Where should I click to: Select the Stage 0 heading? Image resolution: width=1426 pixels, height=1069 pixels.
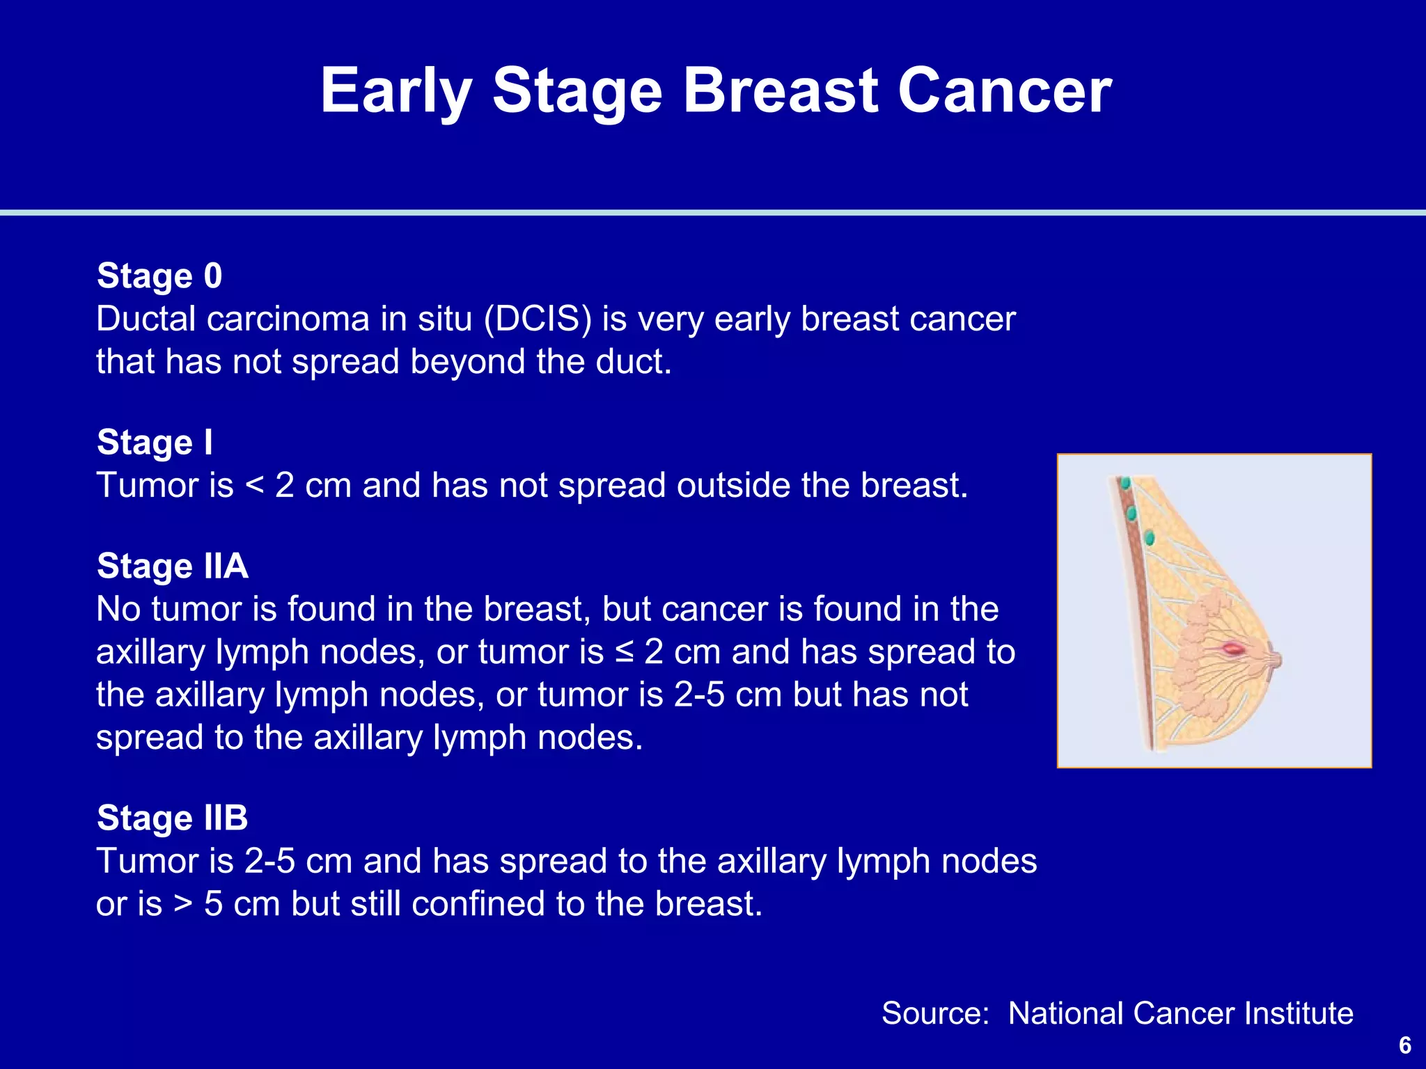click(x=159, y=276)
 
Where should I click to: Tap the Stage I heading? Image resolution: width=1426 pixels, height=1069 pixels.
click(x=155, y=443)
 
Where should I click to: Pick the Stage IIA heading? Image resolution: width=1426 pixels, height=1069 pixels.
click(x=172, y=566)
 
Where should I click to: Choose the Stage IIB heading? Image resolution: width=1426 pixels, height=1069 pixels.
click(x=172, y=818)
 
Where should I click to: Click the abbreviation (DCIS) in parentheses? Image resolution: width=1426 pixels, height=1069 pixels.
click(x=538, y=319)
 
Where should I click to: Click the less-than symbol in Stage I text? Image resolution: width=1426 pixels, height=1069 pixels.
click(x=255, y=486)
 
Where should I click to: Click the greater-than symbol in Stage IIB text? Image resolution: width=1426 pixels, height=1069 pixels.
click(x=182, y=904)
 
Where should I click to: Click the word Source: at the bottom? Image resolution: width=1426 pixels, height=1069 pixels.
click(x=935, y=1013)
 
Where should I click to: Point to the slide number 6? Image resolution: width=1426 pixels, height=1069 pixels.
click(x=1404, y=1045)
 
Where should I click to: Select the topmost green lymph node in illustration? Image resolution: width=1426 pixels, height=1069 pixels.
click(x=1124, y=482)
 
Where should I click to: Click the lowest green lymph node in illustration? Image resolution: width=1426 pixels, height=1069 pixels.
click(x=1150, y=537)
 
